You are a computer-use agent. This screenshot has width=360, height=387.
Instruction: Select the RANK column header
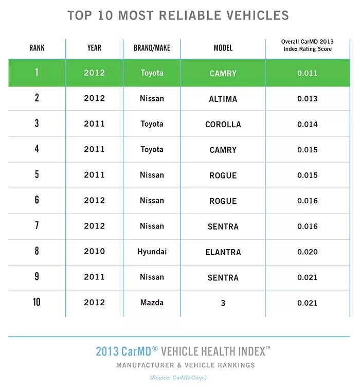[x=37, y=48]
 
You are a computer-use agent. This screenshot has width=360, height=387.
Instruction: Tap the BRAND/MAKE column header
[x=152, y=48]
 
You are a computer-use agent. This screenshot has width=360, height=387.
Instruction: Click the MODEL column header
[x=223, y=48]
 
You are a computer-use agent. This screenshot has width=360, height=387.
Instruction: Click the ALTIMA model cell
[x=223, y=99]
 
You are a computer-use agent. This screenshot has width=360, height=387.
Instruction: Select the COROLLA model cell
[x=223, y=124]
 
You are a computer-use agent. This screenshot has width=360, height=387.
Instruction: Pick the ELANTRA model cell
[x=223, y=252]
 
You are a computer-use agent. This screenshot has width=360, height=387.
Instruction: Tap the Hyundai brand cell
[x=152, y=252]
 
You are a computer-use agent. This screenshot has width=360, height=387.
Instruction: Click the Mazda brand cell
[x=152, y=303]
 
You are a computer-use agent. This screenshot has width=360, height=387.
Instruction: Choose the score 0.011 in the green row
[x=307, y=73]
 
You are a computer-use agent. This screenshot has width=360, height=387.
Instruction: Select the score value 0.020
[x=307, y=252]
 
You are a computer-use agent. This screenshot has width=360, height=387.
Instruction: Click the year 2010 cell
[x=94, y=252]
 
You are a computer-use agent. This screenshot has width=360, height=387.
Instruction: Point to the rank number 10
[x=37, y=302]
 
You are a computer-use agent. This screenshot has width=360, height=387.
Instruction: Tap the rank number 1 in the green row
[x=37, y=73]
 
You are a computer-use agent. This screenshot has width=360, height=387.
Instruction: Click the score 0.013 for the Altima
[x=307, y=99]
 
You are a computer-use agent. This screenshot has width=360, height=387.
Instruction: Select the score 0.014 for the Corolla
[x=307, y=124]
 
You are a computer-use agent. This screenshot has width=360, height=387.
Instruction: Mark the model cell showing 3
[x=223, y=303]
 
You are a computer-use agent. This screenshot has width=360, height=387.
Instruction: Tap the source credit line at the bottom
[x=178, y=378]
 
